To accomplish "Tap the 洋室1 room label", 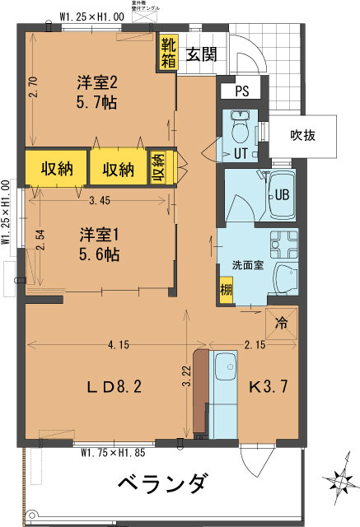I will pyautogui.click(x=100, y=244).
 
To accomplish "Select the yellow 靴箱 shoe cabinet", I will pyautogui.click(x=167, y=53).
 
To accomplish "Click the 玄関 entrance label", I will pyautogui.click(x=201, y=54).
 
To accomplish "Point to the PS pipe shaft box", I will pyautogui.click(x=241, y=91).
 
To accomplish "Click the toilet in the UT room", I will pyautogui.click(x=241, y=132).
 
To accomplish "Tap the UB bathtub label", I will pyautogui.click(x=282, y=195).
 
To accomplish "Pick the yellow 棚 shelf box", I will pyautogui.click(x=225, y=290).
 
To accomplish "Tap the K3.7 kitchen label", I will pyautogui.click(x=265, y=387).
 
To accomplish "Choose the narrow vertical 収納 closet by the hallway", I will pyautogui.click(x=158, y=169).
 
